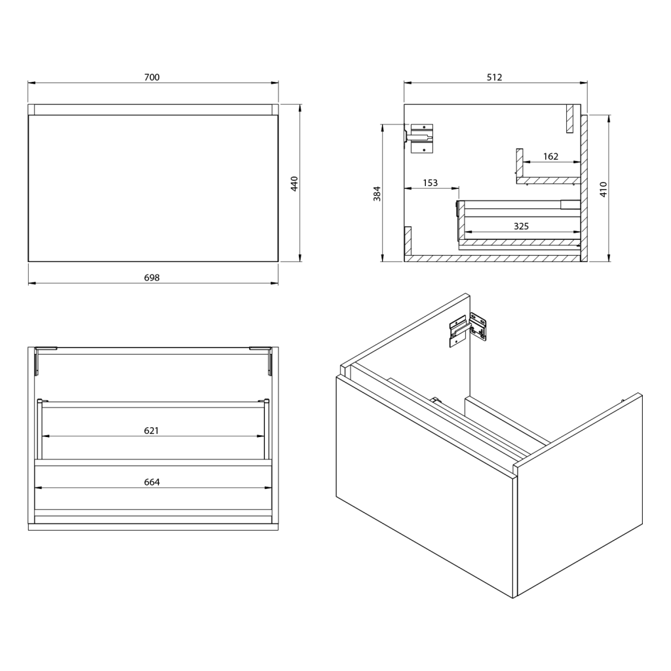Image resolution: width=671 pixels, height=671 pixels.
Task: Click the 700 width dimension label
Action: tap(152, 77)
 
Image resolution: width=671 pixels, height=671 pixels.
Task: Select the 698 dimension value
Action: tap(152, 277)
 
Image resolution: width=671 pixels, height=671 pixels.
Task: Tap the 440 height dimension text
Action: tap(294, 183)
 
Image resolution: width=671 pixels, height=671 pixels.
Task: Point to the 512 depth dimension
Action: tap(494, 77)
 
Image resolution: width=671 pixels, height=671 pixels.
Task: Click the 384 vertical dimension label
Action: tap(377, 193)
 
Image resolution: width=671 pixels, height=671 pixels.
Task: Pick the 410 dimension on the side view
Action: tap(604, 189)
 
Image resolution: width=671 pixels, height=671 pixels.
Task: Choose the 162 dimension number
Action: tap(550, 156)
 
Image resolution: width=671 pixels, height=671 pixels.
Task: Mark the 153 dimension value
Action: tap(430, 183)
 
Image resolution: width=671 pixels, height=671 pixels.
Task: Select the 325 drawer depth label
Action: tap(521, 226)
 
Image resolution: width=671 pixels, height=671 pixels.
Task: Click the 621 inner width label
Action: tap(152, 431)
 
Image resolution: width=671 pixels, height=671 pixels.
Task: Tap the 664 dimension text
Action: tap(152, 482)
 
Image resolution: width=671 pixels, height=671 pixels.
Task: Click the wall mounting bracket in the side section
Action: tap(421, 138)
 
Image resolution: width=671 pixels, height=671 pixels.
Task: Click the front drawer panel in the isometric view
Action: tap(426, 485)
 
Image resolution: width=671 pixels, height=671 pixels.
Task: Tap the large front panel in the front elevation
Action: tap(153, 188)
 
